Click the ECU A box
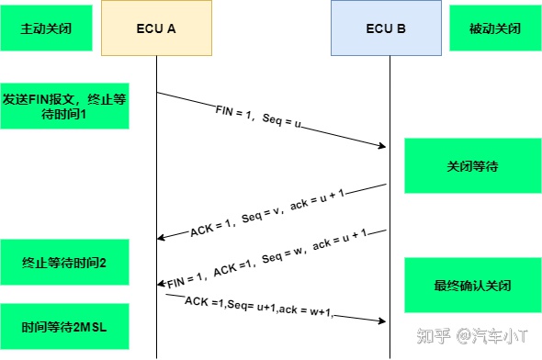click(156, 28)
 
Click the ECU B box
click(386, 28)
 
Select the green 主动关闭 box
click(49, 28)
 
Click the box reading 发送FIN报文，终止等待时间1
click(64, 107)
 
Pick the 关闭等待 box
click(472, 167)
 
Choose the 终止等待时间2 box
click(64, 263)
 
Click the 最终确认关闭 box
click(472, 285)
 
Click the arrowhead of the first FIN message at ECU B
click(381, 145)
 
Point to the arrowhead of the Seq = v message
click(162, 238)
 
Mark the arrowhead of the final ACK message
click(379, 320)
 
